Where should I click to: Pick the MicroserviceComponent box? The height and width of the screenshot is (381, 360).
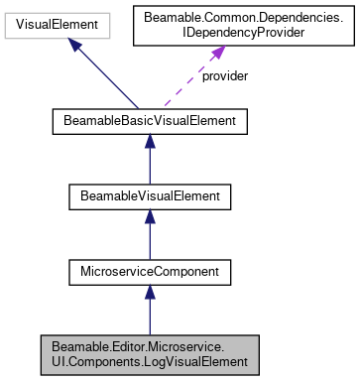pos(149,269)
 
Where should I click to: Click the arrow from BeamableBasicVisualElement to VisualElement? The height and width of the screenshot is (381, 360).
pos(104,75)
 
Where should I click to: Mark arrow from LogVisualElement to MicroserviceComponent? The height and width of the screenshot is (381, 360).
pos(149,310)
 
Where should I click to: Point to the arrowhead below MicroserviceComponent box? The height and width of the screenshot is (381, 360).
pos(149,292)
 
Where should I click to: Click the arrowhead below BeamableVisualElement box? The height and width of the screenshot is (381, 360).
pos(149,218)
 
